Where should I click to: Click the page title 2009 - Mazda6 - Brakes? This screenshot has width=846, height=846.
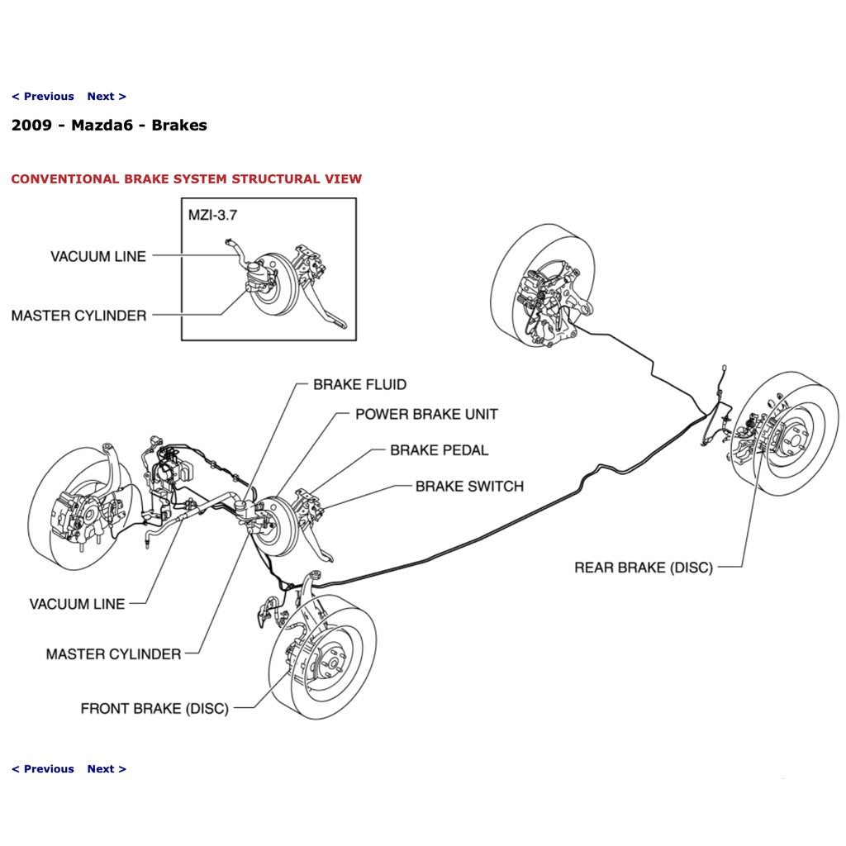(109, 126)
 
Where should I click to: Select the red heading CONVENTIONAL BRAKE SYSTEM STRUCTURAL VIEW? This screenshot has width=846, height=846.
(186, 179)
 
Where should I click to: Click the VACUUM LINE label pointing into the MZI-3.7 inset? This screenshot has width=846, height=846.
(97, 256)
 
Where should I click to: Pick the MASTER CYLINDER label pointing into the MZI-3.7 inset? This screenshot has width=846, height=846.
(78, 316)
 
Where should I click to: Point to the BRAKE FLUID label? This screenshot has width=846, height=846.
(359, 385)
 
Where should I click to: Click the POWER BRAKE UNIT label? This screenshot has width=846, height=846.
(426, 414)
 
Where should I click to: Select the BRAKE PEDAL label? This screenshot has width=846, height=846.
(439, 450)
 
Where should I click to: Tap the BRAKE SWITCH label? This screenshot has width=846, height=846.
(469, 487)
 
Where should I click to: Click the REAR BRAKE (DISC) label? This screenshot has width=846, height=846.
(643, 568)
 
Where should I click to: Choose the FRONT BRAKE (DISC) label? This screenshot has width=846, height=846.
(154, 709)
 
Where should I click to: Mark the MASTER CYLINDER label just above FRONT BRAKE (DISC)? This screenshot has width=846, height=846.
(113, 654)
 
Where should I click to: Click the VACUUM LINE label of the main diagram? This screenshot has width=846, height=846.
(77, 604)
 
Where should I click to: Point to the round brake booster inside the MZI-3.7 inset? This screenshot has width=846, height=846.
(269, 285)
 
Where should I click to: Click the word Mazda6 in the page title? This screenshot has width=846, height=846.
(102, 126)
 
